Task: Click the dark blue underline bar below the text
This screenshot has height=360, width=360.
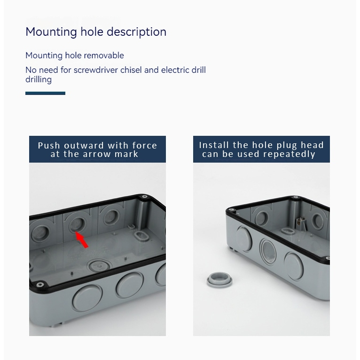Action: coord(45,93)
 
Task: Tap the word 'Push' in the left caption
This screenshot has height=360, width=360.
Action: coord(49,146)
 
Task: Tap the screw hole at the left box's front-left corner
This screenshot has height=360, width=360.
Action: coord(39,285)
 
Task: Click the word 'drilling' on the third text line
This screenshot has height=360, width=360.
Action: coord(39,79)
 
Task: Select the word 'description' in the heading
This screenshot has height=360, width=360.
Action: coord(137,31)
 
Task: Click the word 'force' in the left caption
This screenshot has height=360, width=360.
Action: coord(144,146)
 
